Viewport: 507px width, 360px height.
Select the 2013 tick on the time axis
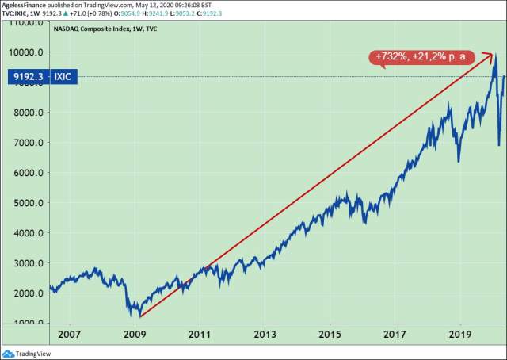tap(264, 335)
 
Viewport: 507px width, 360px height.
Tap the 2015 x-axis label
tap(330, 335)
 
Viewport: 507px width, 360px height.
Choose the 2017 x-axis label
tap(395, 335)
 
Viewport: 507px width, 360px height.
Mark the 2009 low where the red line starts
tap(139, 316)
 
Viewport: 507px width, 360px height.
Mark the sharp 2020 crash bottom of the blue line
tap(498, 145)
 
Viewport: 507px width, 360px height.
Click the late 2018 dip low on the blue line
tap(459, 161)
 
